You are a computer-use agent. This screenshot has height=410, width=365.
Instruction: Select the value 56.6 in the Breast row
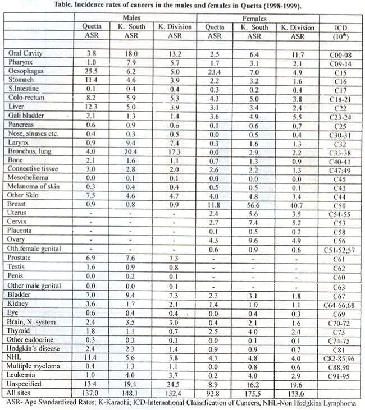click(x=253, y=205)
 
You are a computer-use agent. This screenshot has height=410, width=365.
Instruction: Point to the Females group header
click(x=255, y=17)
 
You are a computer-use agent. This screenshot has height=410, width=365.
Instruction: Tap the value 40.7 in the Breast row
click(x=298, y=205)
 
